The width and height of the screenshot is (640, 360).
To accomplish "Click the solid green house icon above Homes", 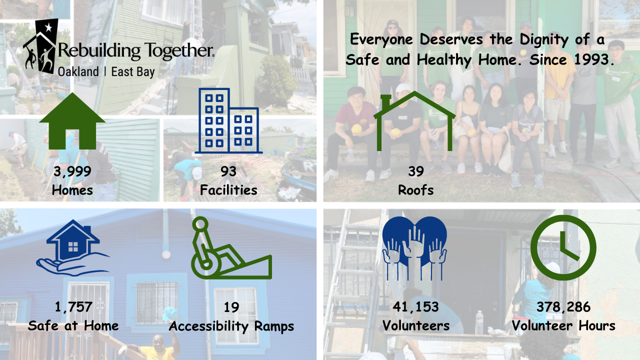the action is point(72,121).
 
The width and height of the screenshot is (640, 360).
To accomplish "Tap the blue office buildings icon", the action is point(228,121).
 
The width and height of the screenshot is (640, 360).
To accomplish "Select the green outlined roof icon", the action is point(414,121).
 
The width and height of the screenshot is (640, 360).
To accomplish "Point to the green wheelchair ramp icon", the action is point(231,248).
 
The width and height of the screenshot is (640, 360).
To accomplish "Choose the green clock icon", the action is point(563,247).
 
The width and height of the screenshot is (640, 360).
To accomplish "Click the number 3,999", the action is point(72,171).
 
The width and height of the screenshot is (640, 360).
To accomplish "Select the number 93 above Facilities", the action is point(228,171).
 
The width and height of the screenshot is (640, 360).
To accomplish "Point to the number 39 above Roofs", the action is point(416,171).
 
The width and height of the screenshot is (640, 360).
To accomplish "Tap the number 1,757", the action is point(73,307).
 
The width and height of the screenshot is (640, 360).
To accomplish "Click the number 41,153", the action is point(415,307).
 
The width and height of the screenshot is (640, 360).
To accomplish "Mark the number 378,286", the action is point(563,307).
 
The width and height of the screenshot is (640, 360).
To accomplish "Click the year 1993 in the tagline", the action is point(592,59).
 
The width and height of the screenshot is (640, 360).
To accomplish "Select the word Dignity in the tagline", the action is point(544,40).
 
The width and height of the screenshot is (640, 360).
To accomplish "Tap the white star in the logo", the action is point(48,27).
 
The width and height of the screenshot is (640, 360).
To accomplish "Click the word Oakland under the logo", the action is point(78,71).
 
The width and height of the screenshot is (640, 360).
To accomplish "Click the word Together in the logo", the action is point(178,51).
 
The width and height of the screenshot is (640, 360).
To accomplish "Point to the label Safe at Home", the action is point(73,325).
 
